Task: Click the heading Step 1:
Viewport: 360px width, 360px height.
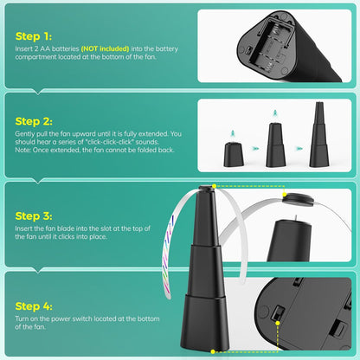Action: coord(34,36)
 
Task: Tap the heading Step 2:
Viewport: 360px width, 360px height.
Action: coord(34,121)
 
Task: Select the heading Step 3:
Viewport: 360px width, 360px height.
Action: coord(34,216)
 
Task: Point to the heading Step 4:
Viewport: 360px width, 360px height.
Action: coord(34,306)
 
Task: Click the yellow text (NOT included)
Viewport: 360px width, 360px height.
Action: coord(105,48)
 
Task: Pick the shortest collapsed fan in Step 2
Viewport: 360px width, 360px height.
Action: coord(234,154)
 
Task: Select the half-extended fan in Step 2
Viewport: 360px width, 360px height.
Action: coord(275,145)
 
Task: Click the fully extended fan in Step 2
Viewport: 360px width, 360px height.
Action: coord(319,134)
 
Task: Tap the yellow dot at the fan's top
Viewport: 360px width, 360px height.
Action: coord(214,186)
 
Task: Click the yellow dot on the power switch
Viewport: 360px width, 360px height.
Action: coord(278,324)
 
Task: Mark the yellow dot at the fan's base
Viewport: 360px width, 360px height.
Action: coord(213,351)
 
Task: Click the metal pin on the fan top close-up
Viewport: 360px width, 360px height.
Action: coord(296,218)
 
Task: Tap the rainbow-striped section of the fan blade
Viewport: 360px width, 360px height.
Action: coord(167,254)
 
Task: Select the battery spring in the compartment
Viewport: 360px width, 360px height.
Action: coord(275,29)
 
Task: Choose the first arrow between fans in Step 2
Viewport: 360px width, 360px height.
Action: coord(255,149)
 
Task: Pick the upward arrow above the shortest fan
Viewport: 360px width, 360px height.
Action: coord(233,133)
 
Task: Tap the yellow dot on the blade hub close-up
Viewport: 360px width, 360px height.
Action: coord(285,196)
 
